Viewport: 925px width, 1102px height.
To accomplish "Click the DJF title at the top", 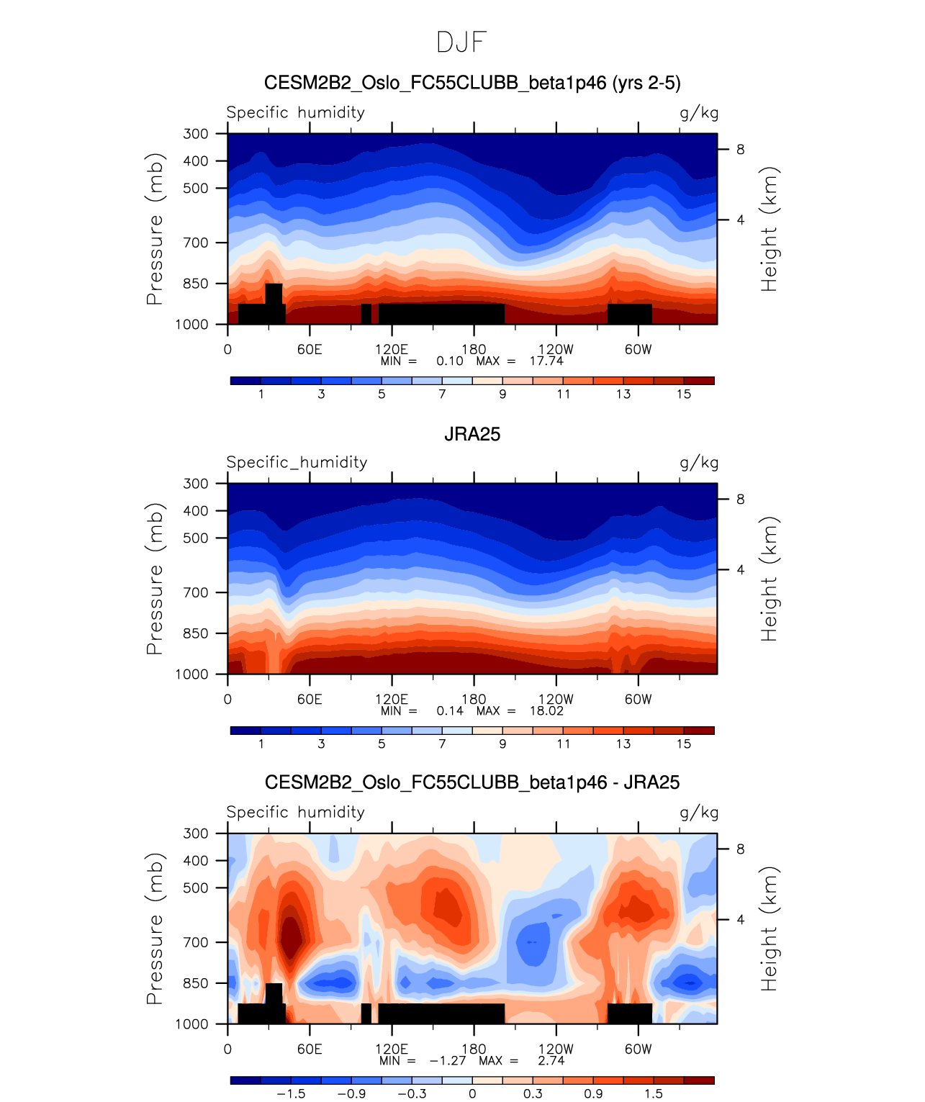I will point(462,43).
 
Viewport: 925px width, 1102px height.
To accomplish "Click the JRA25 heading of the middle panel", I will point(472,434).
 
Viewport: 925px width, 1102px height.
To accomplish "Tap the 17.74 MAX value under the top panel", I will point(546,361).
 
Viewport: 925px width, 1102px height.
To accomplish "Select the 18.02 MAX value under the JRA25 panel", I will point(546,711).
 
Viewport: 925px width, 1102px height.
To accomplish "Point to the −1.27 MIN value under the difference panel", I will point(448,1061).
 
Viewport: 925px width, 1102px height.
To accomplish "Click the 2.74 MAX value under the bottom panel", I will point(551,1061).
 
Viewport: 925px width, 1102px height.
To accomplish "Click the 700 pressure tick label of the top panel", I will point(196,243).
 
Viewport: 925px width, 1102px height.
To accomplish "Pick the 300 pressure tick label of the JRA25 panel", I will point(196,484).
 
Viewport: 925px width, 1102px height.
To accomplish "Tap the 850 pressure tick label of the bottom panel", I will point(196,983).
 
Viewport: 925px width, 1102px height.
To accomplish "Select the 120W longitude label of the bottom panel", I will point(556,1049).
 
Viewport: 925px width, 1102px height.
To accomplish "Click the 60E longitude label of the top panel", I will point(310,350).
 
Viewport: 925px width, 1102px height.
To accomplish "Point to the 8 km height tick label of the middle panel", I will point(740,500).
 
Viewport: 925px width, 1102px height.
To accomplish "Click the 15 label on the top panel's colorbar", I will point(683,394).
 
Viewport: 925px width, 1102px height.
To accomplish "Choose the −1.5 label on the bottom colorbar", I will point(291,1094).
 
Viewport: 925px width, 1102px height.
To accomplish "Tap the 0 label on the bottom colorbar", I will point(472,1094).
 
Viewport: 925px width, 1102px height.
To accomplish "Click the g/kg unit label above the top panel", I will point(699,113).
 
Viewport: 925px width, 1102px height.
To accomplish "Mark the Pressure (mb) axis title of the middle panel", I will point(155,579).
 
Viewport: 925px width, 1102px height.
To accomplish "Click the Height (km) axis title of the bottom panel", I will point(770,929).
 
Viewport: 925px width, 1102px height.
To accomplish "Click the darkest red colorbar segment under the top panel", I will point(698,381).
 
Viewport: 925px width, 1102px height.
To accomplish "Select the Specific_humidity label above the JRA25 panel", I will point(297,462).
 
